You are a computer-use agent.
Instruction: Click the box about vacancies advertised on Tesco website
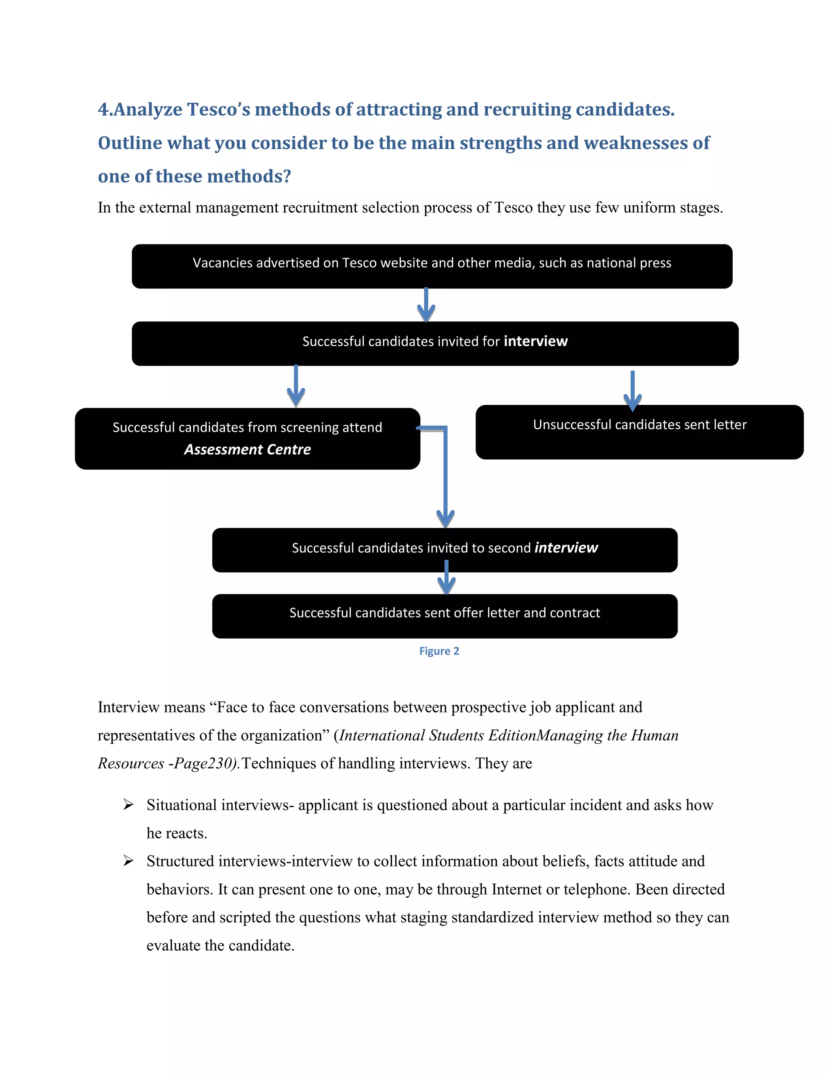tap(432, 266)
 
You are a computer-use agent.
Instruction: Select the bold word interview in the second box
tap(535, 341)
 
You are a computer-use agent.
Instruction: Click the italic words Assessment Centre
tap(247, 449)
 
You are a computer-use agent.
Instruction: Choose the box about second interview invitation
tap(445, 550)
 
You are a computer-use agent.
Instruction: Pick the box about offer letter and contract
tap(445, 616)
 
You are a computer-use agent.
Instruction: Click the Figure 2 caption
tap(439, 651)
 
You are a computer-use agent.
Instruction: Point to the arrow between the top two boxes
tap(426, 305)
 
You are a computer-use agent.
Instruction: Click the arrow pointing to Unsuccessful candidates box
tap(632, 391)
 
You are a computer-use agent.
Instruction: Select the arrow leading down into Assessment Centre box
tap(295, 386)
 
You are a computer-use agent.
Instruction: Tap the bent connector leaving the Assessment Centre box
tap(445, 472)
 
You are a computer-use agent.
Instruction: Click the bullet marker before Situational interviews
tap(128, 805)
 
